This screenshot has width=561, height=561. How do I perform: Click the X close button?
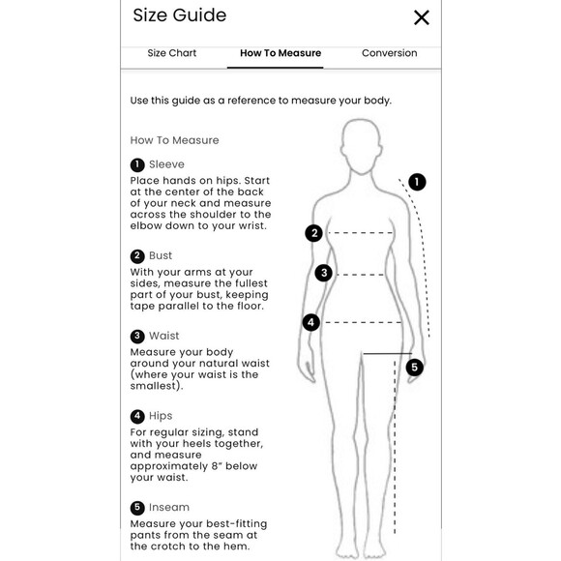[x=421, y=17]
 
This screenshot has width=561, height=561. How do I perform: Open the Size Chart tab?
[x=172, y=53]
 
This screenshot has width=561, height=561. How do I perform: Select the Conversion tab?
[x=389, y=53]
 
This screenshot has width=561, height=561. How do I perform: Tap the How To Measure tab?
[x=280, y=53]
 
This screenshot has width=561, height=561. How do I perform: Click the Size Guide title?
[x=180, y=15]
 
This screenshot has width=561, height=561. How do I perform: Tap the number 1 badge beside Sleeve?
[x=137, y=165]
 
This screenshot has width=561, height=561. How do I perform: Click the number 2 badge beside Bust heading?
[x=137, y=256]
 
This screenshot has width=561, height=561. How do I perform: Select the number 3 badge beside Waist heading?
[x=137, y=337]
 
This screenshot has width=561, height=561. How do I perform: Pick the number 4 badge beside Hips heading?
[x=137, y=417]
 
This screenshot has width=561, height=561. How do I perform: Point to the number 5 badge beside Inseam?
[x=137, y=508]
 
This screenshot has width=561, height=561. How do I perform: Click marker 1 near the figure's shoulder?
[x=417, y=182]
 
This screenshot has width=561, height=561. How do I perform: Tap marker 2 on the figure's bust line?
[x=313, y=233]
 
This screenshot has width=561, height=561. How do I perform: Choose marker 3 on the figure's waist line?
[x=323, y=273]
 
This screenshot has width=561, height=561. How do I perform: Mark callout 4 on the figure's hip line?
[x=310, y=322]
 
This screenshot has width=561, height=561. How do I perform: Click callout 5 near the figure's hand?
[x=415, y=368]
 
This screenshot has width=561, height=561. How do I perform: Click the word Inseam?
[x=169, y=508]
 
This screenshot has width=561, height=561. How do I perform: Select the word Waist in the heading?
[x=163, y=336]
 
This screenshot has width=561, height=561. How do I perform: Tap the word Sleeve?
[x=166, y=164]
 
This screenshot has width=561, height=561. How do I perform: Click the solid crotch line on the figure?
[x=388, y=354]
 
